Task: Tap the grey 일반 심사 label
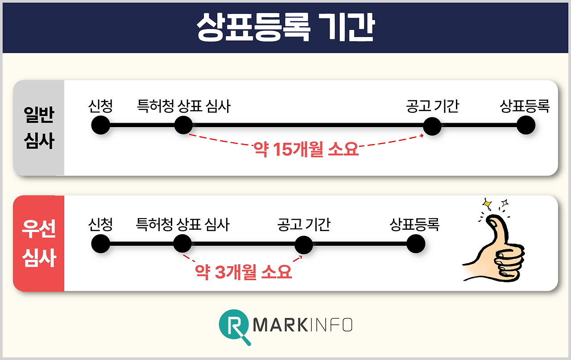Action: click(38, 128)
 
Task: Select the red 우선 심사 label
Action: click(38, 243)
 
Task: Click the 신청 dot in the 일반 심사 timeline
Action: click(100, 125)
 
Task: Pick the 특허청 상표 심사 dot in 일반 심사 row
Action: click(183, 125)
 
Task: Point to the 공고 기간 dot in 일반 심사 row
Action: click(432, 126)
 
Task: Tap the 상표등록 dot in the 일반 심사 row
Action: click(525, 125)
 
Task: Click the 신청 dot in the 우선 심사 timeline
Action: click(100, 244)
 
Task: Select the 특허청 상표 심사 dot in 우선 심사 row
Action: click(182, 244)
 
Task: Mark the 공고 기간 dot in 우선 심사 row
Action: click(304, 244)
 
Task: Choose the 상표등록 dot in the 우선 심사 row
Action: click(416, 244)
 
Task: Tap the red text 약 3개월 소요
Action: click(244, 272)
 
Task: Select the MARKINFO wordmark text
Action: click(302, 325)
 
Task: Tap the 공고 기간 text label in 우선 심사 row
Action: click(304, 224)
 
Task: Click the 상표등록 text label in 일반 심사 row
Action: click(525, 107)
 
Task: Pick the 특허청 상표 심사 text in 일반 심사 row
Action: click(184, 107)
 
